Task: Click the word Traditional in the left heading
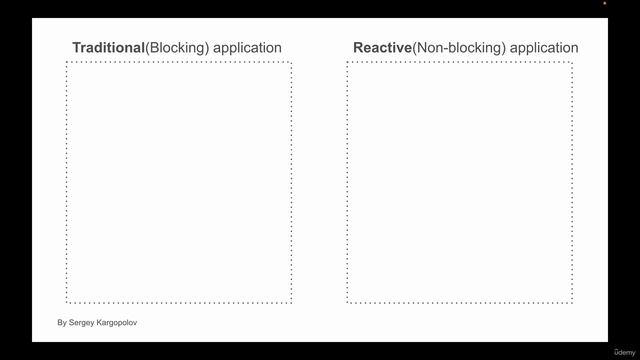click(109, 47)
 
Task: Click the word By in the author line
click(62, 324)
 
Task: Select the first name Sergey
click(83, 324)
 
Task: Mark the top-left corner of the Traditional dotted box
click(67, 62)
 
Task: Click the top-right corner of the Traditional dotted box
click(291, 62)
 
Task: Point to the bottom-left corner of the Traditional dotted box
click(67, 301)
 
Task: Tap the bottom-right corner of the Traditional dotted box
click(291, 301)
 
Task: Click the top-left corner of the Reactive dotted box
click(348, 62)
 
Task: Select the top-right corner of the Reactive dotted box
click(572, 62)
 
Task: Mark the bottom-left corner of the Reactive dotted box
click(348, 301)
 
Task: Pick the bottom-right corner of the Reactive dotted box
click(572, 301)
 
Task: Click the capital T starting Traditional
click(76, 47)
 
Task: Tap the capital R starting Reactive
click(358, 47)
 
